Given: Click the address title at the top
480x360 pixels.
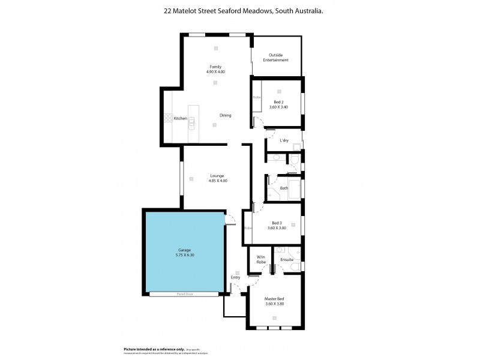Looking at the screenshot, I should tap(239, 11).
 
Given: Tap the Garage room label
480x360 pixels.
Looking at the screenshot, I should tap(184, 250).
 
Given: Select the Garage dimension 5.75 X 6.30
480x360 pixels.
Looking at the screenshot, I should tap(184, 255).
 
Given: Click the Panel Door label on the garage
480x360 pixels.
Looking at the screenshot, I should tap(184, 294).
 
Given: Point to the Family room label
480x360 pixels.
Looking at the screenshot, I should tap(215, 66).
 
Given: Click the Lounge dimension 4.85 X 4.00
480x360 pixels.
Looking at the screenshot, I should tap(218, 181).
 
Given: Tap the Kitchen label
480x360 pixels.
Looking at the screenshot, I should tap(181, 119).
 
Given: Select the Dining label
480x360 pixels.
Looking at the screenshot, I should tap(225, 115).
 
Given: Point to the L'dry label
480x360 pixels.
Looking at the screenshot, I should tap(284, 140).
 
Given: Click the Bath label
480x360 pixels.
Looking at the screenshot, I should tap(284, 188).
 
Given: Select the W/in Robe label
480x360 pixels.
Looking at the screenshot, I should tap(261, 260).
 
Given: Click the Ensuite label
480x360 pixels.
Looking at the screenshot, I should tap(286, 260).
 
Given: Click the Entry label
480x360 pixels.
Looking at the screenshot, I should tap(235, 277).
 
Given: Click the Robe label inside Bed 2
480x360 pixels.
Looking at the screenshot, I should tap(256, 97).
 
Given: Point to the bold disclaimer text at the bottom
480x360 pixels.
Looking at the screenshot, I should tap(142, 349).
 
